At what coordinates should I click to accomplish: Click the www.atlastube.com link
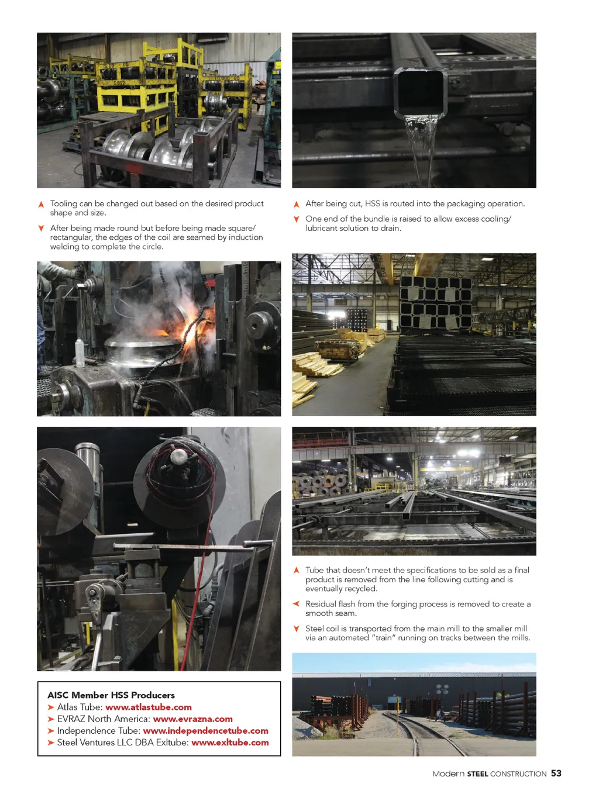(x=148, y=707)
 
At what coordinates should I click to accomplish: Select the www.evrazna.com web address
(x=192, y=719)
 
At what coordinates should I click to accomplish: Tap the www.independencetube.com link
(x=205, y=731)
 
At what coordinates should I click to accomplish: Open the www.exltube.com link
(x=230, y=743)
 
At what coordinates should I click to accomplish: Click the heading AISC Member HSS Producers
(x=111, y=695)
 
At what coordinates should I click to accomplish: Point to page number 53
(x=556, y=773)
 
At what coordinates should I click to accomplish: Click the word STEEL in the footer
(x=477, y=774)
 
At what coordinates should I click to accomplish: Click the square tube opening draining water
(x=420, y=93)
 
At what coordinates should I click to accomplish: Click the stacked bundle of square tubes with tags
(x=435, y=302)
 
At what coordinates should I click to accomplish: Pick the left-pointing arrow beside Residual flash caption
(x=296, y=603)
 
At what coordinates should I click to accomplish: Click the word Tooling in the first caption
(x=64, y=203)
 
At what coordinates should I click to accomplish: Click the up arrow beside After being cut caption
(x=297, y=204)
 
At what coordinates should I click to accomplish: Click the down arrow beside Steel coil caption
(x=297, y=629)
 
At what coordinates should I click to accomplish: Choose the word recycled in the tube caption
(x=362, y=588)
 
